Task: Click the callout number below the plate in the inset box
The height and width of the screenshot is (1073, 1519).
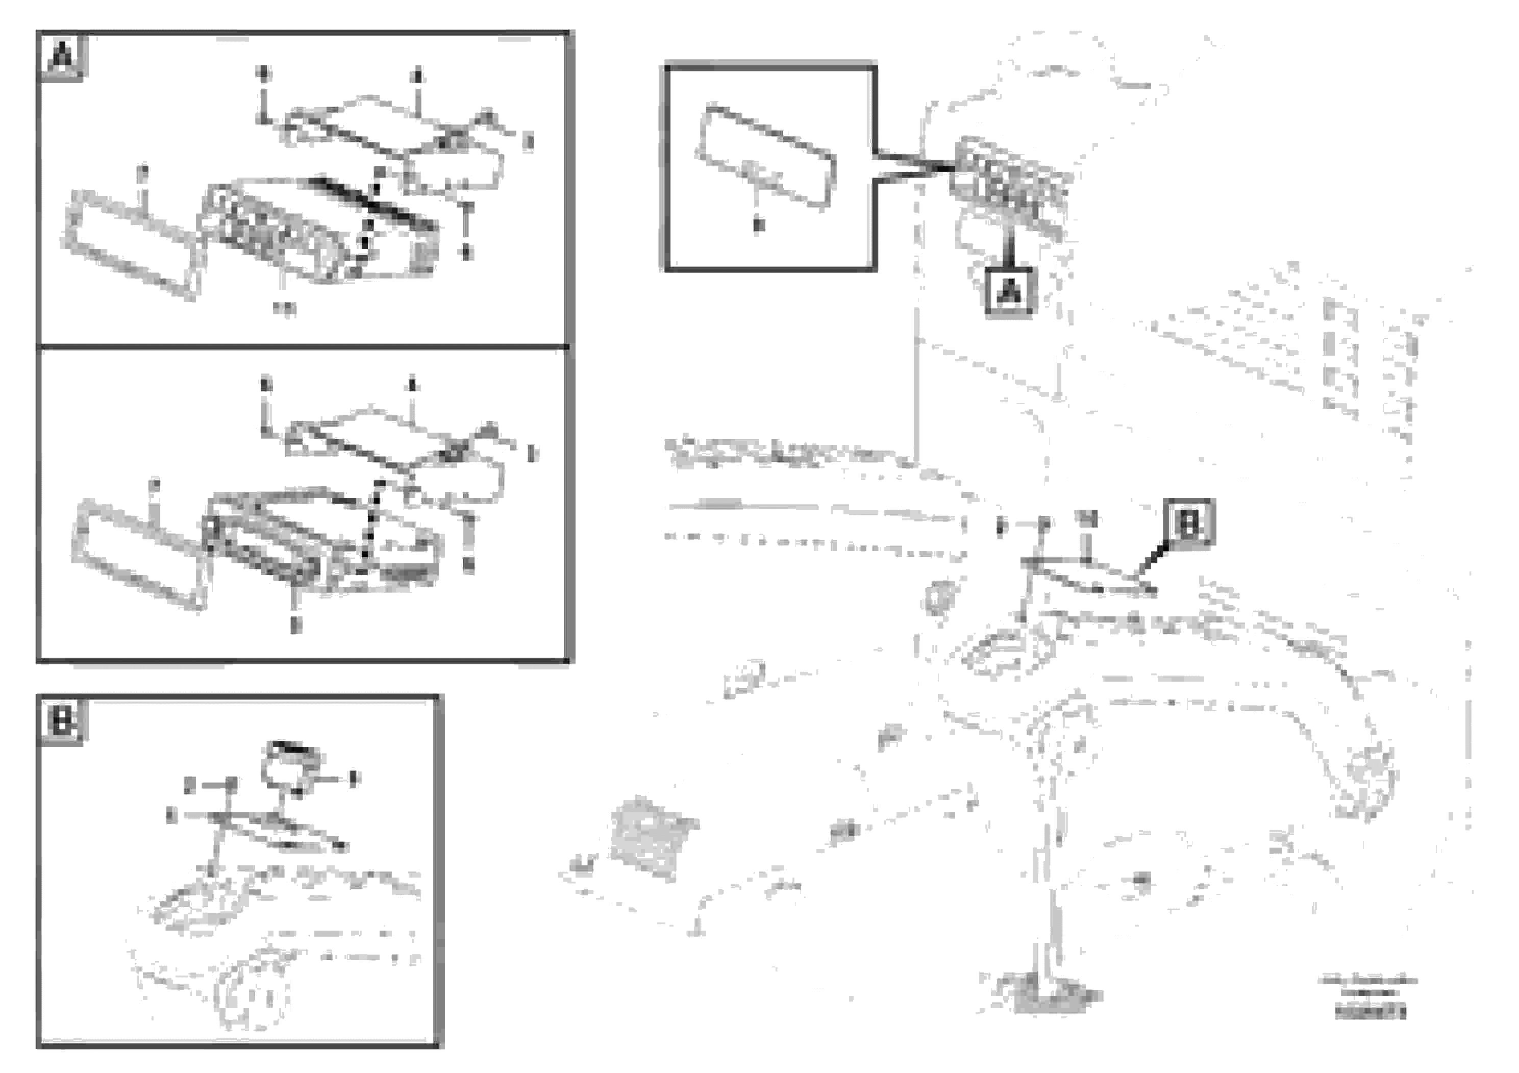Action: tap(758, 226)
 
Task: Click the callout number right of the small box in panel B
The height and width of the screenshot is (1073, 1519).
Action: tap(354, 779)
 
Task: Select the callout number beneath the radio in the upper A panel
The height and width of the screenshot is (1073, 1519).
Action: tap(285, 308)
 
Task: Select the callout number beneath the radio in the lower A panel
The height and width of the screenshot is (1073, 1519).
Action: tap(296, 625)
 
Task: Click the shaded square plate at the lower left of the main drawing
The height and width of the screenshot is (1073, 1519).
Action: tap(652, 837)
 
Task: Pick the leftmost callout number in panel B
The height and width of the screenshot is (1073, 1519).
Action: tap(171, 816)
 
